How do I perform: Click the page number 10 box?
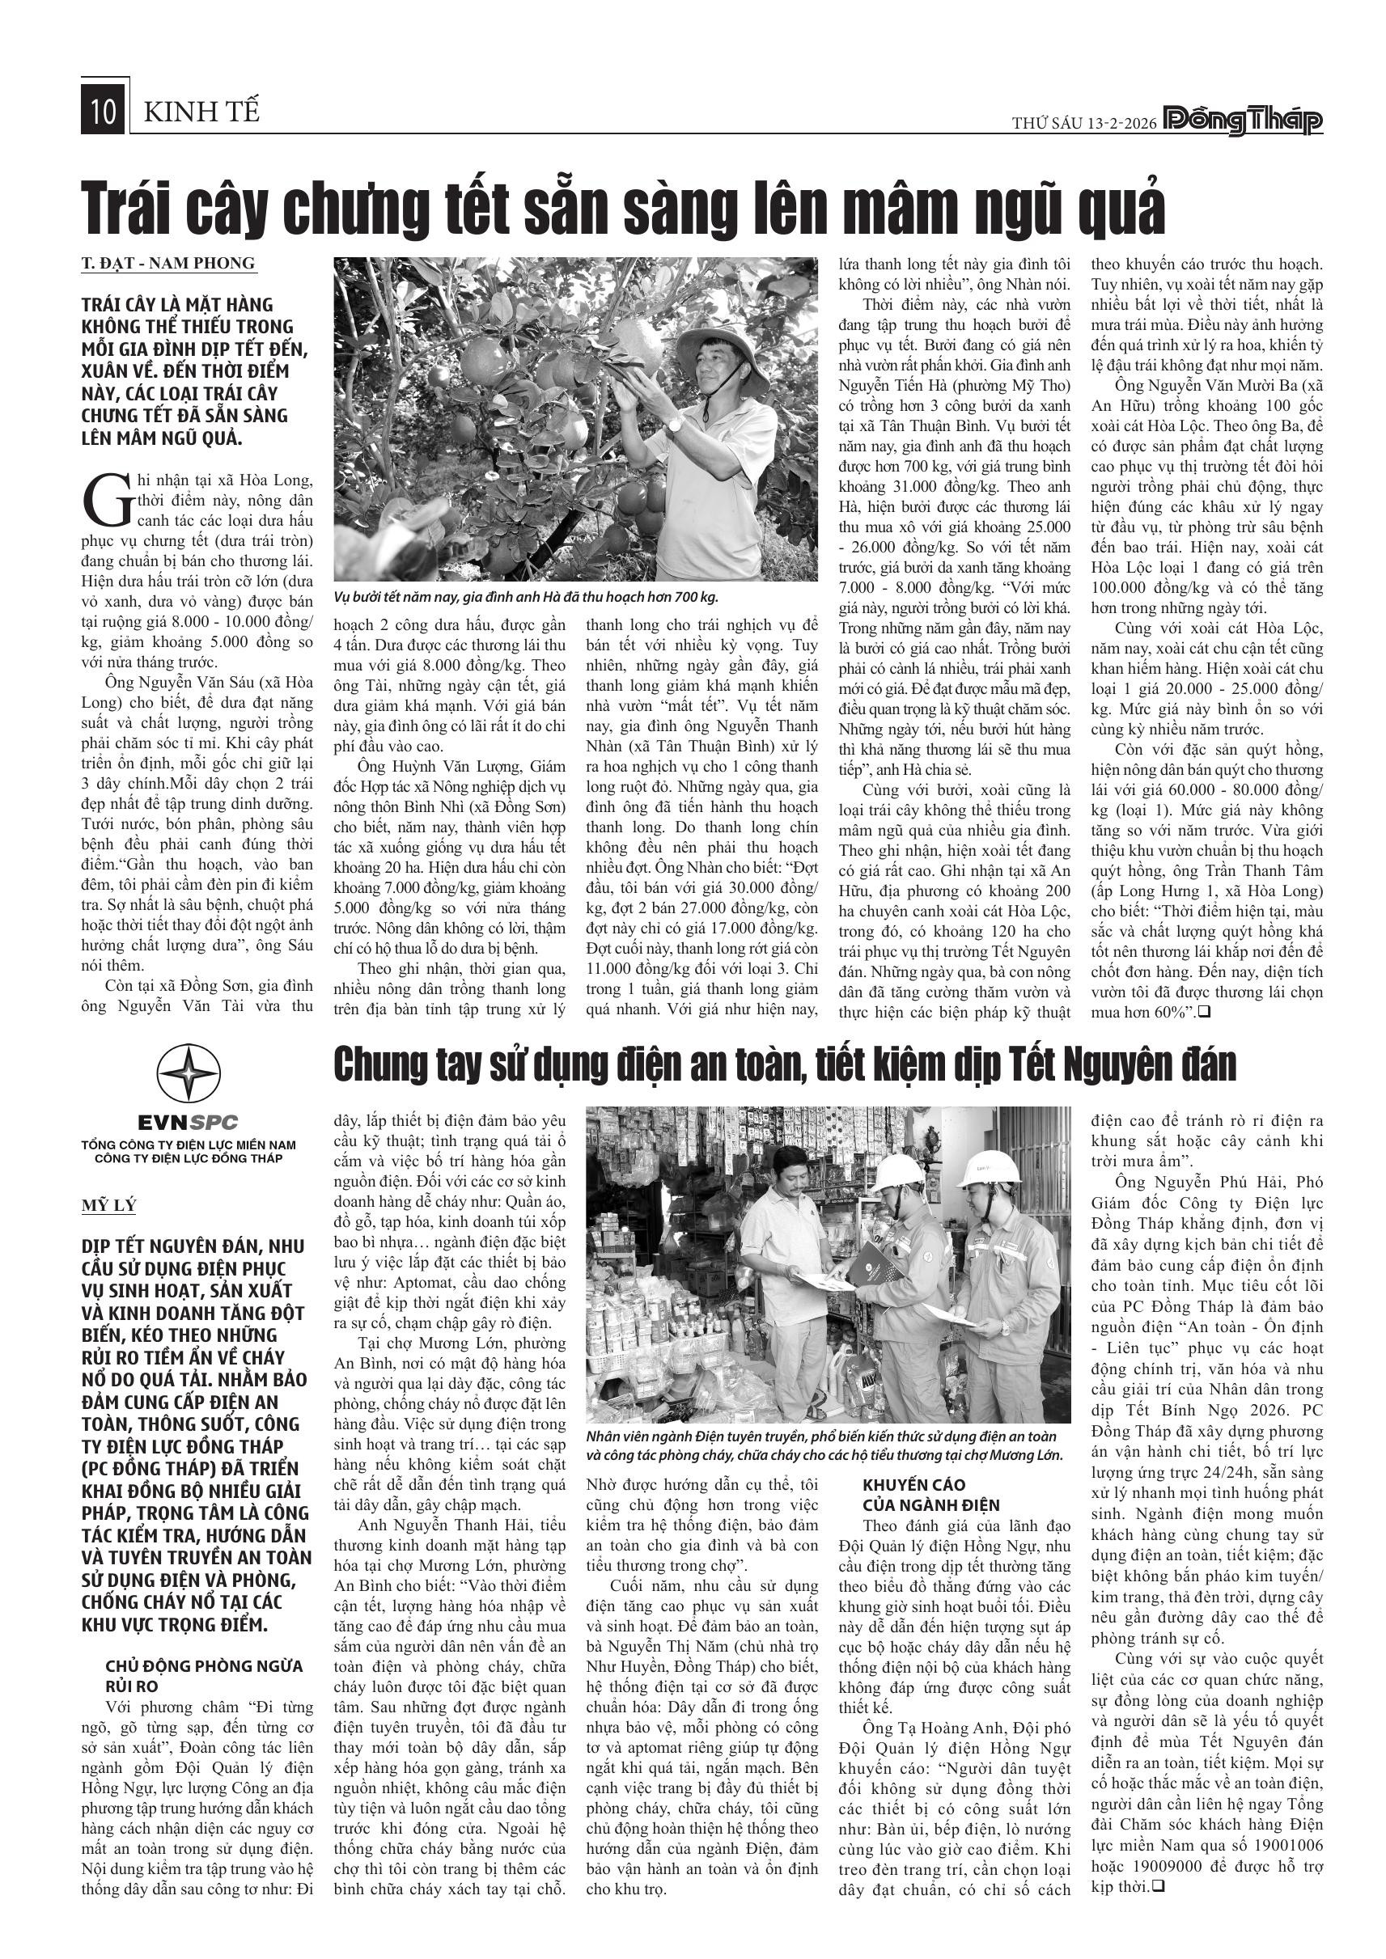(x=104, y=112)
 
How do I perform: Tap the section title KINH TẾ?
(x=201, y=112)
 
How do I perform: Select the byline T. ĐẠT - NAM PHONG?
(x=168, y=264)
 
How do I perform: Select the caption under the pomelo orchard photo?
(x=526, y=597)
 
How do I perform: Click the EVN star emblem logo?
(x=189, y=1073)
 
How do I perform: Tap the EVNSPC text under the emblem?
(x=189, y=1123)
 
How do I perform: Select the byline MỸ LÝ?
(x=109, y=1206)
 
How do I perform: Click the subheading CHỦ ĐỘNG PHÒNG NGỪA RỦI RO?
(x=203, y=1676)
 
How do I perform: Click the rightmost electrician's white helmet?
(x=990, y=1170)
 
